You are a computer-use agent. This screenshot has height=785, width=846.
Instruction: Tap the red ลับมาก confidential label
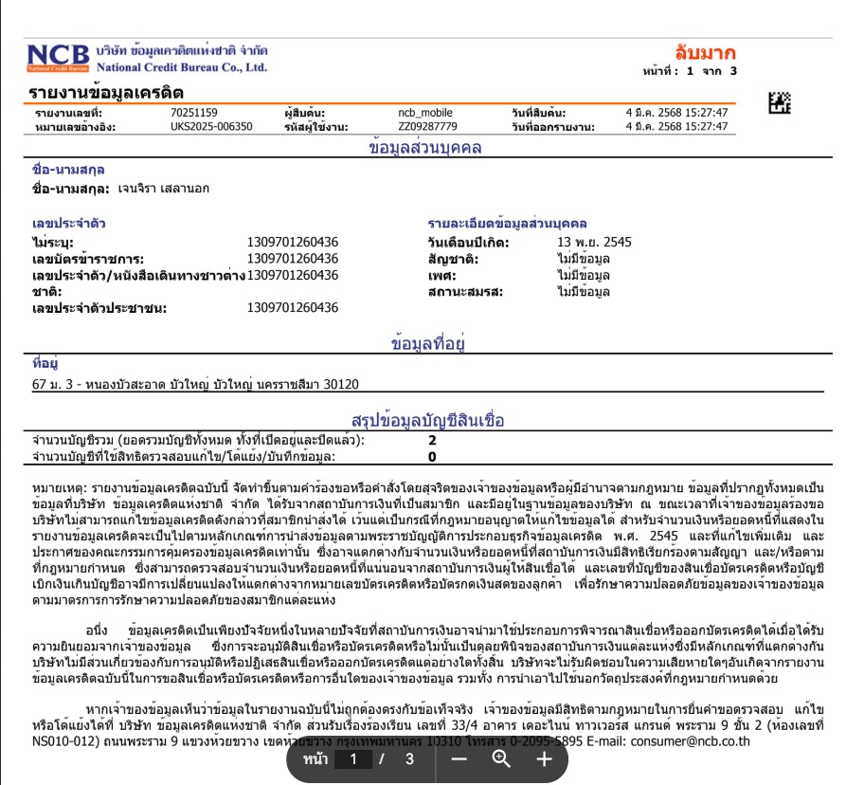click(705, 53)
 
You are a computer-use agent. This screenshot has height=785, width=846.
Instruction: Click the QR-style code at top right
click(779, 101)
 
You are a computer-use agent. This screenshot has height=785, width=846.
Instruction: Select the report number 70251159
click(194, 113)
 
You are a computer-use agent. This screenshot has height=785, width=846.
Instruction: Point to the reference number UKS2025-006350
click(211, 126)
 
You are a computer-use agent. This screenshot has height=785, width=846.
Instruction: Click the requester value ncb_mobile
click(425, 113)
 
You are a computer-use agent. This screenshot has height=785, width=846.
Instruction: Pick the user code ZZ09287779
click(427, 126)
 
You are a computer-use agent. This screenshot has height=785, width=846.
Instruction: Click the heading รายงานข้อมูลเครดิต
click(106, 93)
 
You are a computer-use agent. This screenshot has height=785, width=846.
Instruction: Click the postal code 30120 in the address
click(341, 385)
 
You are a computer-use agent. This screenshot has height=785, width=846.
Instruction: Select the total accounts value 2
click(432, 441)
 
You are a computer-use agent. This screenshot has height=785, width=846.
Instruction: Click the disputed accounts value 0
click(432, 456)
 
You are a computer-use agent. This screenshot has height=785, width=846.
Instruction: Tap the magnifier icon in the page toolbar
click(501, 759)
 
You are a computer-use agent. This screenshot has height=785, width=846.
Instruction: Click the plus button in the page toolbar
click(544, 759)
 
